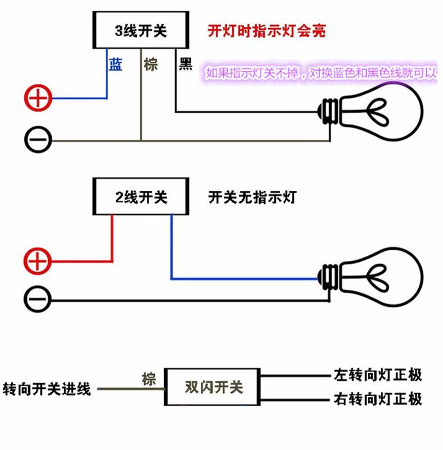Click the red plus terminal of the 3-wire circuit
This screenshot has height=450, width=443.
pos(38,98)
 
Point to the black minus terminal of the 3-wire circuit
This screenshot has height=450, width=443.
pos(38,140)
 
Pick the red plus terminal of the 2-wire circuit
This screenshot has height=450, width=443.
pos(38,261)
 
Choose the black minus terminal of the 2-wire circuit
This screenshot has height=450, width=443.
pos(38,299)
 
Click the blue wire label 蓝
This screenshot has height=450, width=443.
pos(116,65)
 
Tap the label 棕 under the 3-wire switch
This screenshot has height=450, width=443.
pos(151,65)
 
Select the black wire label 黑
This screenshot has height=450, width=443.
pos(186,64)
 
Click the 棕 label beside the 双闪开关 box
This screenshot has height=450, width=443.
pos(149,379)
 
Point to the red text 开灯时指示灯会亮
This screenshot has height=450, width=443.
pos(267,31)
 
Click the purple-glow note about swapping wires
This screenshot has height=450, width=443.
pos(321,73)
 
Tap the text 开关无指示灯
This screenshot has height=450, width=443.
pos(252,198)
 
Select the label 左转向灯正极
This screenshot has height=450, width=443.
pos(377,375)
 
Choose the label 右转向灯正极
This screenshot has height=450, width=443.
pos(377,399)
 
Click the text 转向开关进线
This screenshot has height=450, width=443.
pos(47,389)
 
